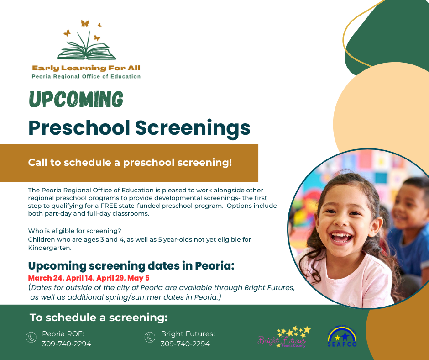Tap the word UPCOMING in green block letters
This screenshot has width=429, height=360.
point(76,99)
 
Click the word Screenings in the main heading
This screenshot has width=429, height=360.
point(193,127)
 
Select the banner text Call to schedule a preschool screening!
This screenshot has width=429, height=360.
point(130,162)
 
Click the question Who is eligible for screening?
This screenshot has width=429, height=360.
point(78,231)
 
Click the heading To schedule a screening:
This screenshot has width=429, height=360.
point(99,318)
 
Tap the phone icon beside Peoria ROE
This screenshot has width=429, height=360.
point(31,338)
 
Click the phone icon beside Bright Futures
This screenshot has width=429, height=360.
point(150,338)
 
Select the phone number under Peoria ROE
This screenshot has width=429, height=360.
point(67,344)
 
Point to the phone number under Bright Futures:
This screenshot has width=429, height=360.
point(185,344)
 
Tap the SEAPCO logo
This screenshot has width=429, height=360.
point(342,337)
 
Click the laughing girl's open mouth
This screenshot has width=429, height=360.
point(342,237)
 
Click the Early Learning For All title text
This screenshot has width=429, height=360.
point(86,68)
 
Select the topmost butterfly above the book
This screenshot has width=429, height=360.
point(84,23)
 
